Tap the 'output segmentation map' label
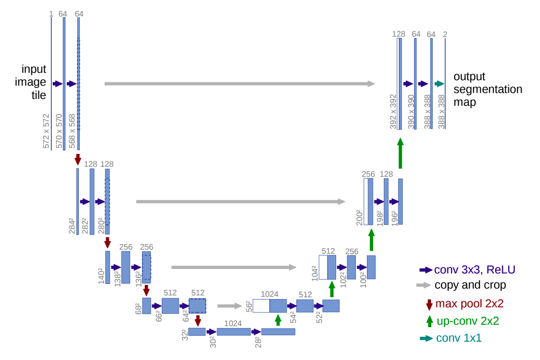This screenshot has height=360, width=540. [x=487, y=89]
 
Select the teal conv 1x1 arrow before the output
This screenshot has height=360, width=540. [x=439, y=84]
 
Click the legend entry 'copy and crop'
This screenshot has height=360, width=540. [x=470, y=285]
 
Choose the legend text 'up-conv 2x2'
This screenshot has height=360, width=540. [x=468, y=321]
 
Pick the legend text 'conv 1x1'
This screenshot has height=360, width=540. [x=458, y=338]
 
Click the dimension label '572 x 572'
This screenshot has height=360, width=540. [x=46, y=131]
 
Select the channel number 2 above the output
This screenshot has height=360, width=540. [x=445, y=34]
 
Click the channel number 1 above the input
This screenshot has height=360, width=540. [x=51, y=14]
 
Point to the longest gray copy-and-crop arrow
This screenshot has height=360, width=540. [x=240, y=84]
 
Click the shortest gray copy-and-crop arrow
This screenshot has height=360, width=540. [x=229, y=306]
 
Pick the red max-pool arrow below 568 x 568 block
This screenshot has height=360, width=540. [x=78, y=159]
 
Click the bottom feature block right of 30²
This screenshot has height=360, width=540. [x=234, y=332]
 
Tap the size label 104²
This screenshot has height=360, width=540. [x=315, y=273]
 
